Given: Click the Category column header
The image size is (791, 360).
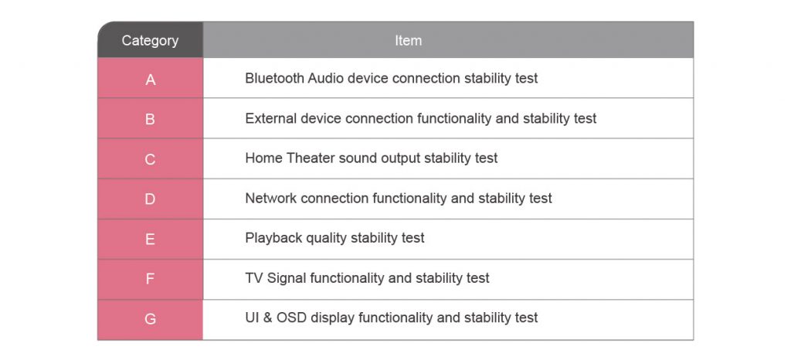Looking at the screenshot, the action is (x=151, y=40).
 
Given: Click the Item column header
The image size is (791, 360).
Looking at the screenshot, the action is (x=448, y=40).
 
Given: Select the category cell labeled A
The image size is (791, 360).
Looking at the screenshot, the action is (x=151, y=78).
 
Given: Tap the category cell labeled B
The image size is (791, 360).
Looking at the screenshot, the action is (x=151, y=118).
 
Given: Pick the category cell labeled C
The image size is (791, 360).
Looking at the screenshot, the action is (x=151, y=159).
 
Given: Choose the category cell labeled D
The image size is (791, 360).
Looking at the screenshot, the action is (x=151, y=199).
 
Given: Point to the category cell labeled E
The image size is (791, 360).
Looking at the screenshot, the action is (x=151, y=239).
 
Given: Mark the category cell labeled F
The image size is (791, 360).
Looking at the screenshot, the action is (x=151, y=280).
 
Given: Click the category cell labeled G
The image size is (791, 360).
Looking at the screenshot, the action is (x=151, y=320).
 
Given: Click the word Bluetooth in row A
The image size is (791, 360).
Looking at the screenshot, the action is (x=274, y=78).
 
